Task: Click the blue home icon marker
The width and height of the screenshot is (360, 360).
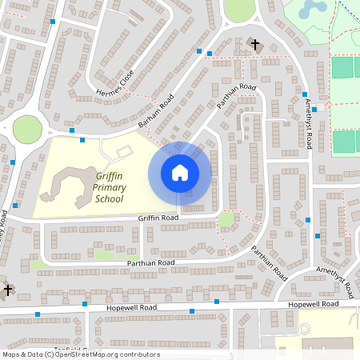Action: (180, 173)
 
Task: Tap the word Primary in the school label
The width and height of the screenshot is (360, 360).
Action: (109, 187)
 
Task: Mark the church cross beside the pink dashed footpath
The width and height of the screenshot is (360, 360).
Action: (256, 45)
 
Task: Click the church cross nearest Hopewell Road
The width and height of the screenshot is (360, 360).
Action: (8, 290)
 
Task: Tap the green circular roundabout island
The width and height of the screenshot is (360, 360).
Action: (27, 128)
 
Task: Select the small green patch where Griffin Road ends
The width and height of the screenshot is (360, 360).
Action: (227, 218)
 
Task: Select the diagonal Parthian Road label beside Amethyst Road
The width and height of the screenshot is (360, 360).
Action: (270, 262)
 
